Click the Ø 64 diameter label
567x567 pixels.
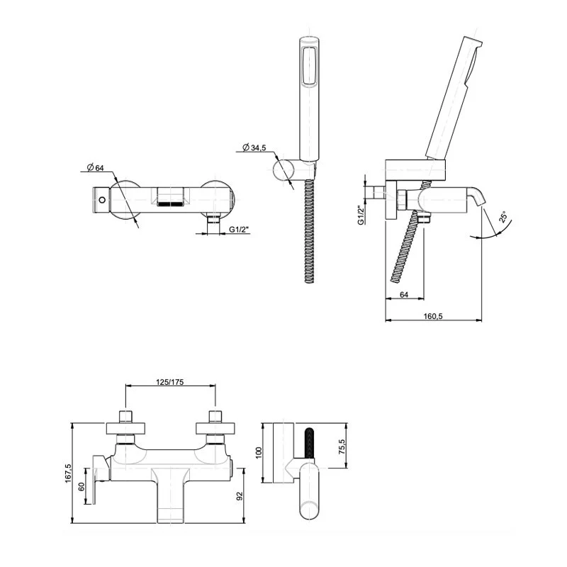[x=96, y=167]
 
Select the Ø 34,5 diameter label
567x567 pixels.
[x=254, y=147]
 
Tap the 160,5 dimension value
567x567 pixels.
[x=433, y=316]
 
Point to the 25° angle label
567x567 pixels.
[x=503, y=218]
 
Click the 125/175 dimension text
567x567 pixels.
[x=170, y=382]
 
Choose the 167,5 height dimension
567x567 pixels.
[x=68, y=473]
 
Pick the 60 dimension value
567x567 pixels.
[x=82, y=487]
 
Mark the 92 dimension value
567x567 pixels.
[x=240, y=495]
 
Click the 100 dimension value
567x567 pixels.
[x=259, y=453]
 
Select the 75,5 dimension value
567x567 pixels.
[x=342, y=447]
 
